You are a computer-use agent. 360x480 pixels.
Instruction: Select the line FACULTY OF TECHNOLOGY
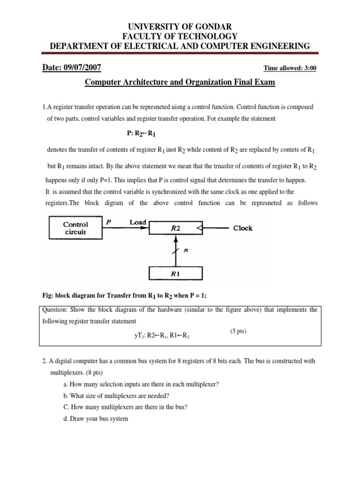[x=180, y=36]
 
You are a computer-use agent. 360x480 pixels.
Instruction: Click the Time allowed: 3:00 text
[x=290, y=68]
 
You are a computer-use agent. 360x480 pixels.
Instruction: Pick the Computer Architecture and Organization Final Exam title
[x=180, y=83]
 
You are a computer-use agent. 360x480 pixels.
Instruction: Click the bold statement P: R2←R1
[x=141, y=134]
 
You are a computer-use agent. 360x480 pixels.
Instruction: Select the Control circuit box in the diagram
[x=75, y=228]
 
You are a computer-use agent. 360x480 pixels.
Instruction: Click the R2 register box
[x=176, y=228]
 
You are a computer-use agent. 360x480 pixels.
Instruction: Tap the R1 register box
[x=175, y=274]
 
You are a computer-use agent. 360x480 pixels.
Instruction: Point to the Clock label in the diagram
[x=243, y=228]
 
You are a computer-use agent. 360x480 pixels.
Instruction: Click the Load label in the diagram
[x=138, y=223]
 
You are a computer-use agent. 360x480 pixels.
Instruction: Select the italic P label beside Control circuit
[x=108, y=223]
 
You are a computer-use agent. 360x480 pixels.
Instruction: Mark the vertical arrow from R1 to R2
[x=176, y=250]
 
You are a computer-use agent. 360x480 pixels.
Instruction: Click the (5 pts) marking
[x=239, y=331]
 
